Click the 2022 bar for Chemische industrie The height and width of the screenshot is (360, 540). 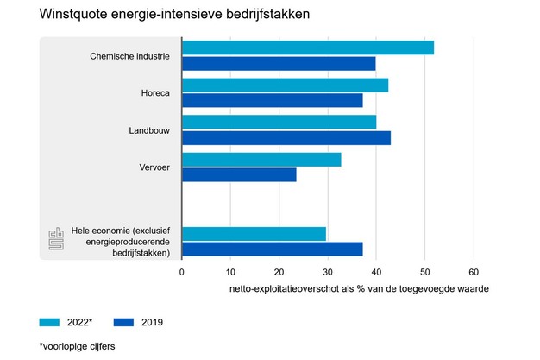(x=307, y=47)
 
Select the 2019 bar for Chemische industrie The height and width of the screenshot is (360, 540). (x=279, y=63)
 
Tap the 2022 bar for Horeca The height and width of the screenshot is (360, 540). (x=285, y=85)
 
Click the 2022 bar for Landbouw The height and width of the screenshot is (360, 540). (x=279, y=122)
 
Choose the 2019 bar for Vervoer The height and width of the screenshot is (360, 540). (x=239, y=174)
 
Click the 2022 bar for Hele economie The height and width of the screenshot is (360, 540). (x=254, y=233)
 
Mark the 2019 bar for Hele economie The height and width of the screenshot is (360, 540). (x=272, y=249)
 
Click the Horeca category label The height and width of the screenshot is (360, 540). (x=155, y=92)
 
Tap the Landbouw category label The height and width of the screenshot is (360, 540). (x=149, y=129)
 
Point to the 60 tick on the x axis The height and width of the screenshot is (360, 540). (x=474, y=271)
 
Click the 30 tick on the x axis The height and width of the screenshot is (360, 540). (x=328, y=271)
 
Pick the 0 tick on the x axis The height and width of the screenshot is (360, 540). (x=182, y=271)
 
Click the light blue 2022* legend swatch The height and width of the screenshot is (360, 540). (x=51, y=322)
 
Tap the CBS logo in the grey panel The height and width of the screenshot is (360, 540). (x=56, y=241)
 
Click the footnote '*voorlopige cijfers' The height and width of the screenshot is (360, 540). (x=78, y=346)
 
